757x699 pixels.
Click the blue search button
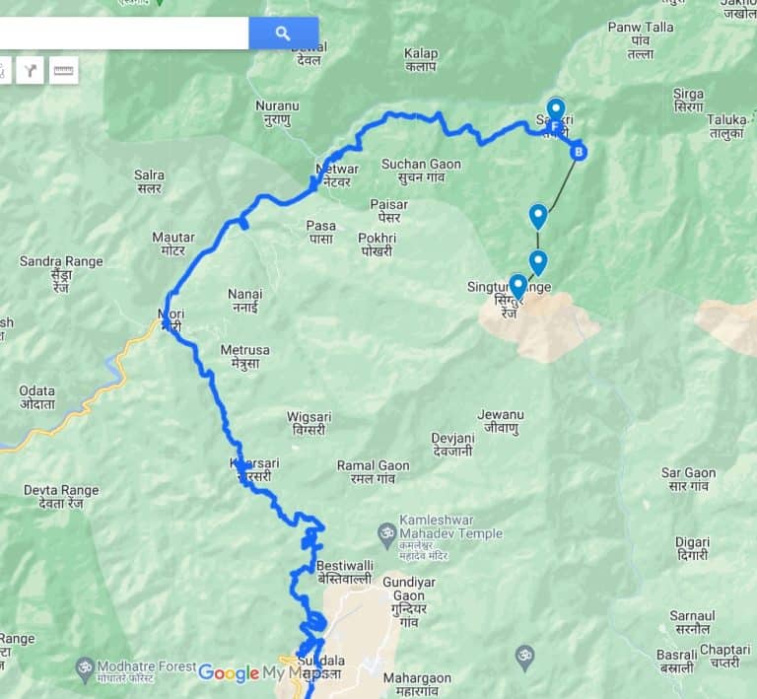(x=283, y=34)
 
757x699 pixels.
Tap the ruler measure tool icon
(x=64, y=70)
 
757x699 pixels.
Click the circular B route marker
(x=580, y=152)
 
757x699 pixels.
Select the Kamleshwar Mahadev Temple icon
(x=387, y=533)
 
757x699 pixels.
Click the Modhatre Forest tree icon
(x=86, y=667)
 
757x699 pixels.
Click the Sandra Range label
(x=61, y=268)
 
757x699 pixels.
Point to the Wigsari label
(x=309, y=423)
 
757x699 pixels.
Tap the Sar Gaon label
(x=688, y=479)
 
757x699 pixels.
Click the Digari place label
(x=692, y=548)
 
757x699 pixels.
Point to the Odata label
(x=36, y=397)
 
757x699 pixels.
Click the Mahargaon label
(x=417, y=684)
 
